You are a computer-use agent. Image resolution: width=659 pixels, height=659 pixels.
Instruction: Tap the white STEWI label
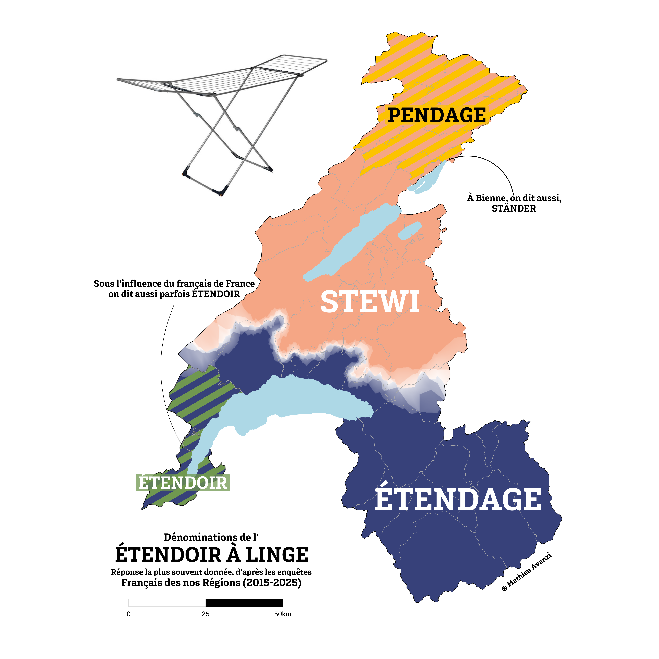[370, 302]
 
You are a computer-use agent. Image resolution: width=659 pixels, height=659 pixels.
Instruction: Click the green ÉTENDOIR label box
[183, 483]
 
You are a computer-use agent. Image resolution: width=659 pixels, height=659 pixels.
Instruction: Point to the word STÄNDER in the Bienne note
[514, 208]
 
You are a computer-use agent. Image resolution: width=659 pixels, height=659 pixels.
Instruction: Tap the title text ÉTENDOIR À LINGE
[211, 555]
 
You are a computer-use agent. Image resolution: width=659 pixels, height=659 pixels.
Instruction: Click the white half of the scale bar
[167, 603]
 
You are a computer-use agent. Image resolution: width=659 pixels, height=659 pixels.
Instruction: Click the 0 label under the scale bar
[129, 614]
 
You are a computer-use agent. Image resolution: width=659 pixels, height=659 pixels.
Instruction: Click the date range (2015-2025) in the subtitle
[272, 582]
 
